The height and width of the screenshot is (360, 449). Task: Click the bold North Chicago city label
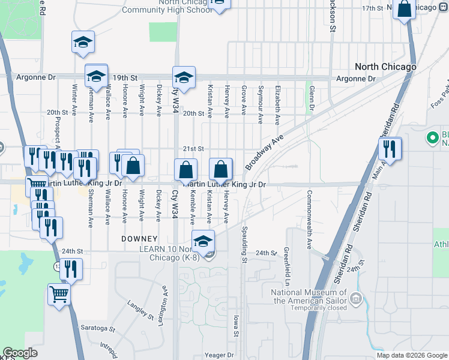pos(385,67)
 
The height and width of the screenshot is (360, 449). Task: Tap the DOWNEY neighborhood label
pos(139,239)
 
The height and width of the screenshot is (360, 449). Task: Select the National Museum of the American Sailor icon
pos(357,298)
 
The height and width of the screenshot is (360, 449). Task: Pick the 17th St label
pos(372,8)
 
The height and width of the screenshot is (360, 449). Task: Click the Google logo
pos(20,353)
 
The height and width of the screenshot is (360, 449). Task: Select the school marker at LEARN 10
pos(203,241)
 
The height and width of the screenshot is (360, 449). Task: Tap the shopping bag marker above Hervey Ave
pos(220,169)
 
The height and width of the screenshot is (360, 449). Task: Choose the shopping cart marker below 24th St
pos(59,294)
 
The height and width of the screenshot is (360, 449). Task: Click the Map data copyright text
pos(411,355)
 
